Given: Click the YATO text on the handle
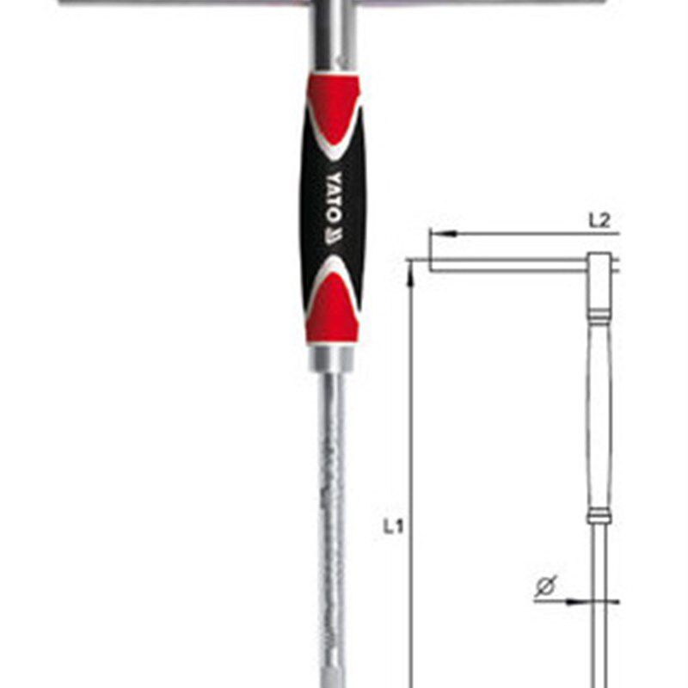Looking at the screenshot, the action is pyautogui.click(x=334, y=198).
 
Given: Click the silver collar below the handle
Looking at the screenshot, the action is pyautogui.click(x=332, y=358).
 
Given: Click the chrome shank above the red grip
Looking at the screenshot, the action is pyautogui.click(x=333, y=35).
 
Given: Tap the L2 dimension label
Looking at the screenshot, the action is pyautogui.click(x=599, y=221).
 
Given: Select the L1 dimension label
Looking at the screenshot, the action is pyautogui.click(x=393, y=526).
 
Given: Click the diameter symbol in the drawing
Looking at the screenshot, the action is pyautogui.click(x=546, y=587).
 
